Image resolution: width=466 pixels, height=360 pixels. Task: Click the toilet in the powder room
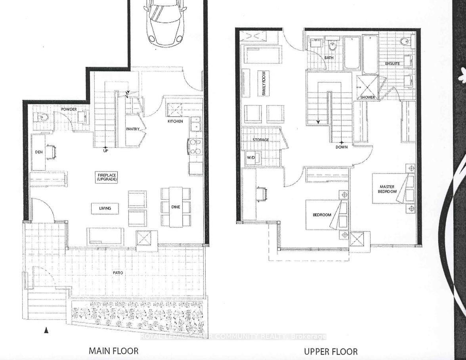[40, 117]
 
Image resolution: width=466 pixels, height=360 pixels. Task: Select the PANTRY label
[133, 129]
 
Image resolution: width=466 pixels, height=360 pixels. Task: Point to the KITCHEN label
[175, 121]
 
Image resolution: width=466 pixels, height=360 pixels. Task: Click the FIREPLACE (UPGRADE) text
[105, 177]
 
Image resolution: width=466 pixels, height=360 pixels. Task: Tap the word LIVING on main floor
[105, 208]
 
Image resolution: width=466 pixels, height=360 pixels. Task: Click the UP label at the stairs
[105, 151]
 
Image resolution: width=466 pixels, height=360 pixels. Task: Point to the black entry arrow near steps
[46, 330]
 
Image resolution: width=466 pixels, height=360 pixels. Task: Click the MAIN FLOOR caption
[113, 350]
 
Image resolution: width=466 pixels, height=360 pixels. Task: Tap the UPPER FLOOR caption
[330, 351]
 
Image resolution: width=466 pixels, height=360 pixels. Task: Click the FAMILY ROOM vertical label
[262, 83]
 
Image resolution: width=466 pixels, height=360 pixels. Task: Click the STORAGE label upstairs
[261, 140]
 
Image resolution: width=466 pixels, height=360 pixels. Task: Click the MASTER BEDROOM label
[388, 189]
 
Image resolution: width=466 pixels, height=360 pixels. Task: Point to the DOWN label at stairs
[341, 147]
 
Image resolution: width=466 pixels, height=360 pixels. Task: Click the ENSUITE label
[392, 63]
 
